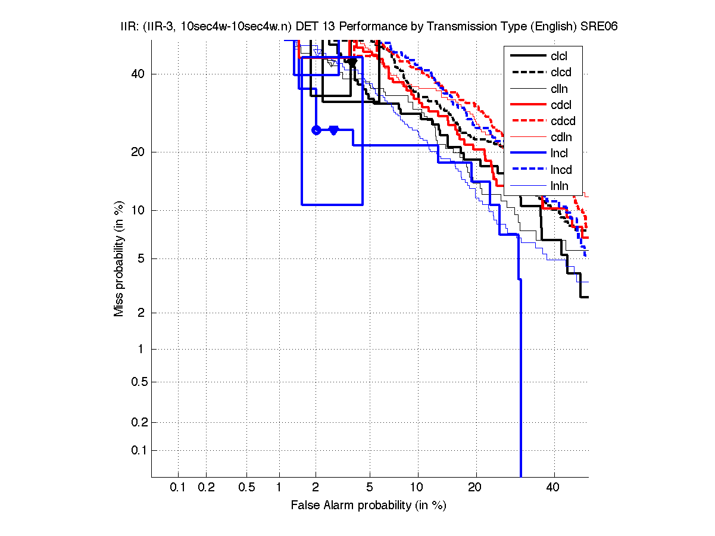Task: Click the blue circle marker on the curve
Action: tap(316, 130)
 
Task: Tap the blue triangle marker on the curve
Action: tap(333, 130)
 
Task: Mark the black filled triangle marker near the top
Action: tap(352, 63)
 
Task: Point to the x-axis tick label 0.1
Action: tap(178, 488)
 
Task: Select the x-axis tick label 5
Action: tap(370, 488)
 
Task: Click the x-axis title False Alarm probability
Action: tap(369, 506)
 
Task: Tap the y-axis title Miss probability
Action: tap(120, 258)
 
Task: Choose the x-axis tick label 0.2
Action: tap(206, 488)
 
